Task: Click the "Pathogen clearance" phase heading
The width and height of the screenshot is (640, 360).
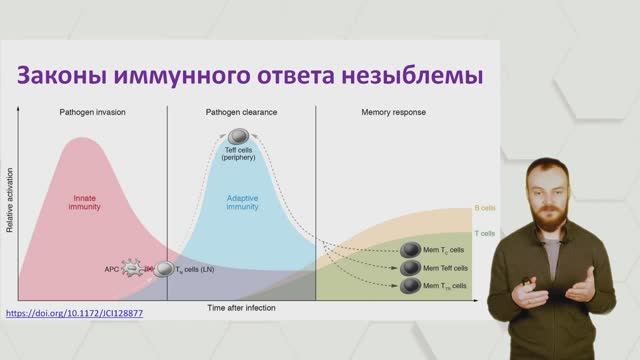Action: coord(241,112)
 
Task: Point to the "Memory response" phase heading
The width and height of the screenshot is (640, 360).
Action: coord(393,112)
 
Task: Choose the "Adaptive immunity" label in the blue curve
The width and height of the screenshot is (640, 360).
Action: coord(242,203)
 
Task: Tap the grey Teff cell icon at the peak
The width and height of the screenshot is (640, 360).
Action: coord(239,136)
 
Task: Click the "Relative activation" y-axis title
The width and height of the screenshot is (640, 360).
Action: coord(10,205)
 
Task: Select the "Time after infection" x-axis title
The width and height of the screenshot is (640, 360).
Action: coord(241,308)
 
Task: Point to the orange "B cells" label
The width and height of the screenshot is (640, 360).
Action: coord(485,209)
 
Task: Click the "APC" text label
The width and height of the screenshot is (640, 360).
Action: coord(111,269)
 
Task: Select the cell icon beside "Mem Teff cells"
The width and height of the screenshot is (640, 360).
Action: coord(408,268)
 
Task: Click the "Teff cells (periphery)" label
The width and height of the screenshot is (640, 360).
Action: coord(238,155)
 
